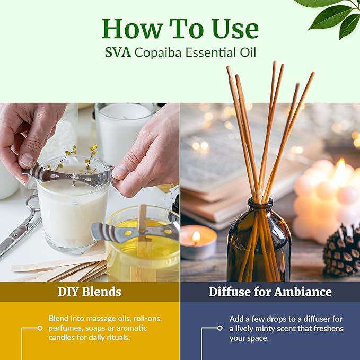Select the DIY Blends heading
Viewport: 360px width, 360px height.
click(90, 292)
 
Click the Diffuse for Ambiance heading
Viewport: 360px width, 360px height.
click(270, 292)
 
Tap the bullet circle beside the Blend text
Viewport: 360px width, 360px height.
click(40, 328)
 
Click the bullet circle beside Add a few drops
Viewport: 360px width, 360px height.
click(219, 328)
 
